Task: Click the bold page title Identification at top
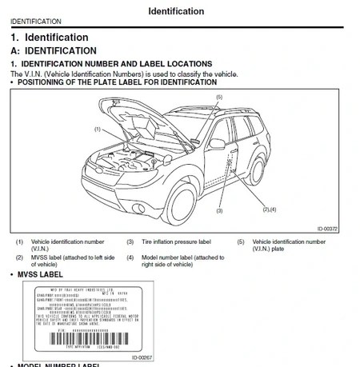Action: pos(175,11)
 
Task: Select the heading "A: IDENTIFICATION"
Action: pos(54,50)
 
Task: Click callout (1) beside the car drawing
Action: pos(97,128)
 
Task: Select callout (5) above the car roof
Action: pos(218,97)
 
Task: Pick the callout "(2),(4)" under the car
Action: pos(269,209)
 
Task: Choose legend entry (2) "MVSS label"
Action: pos(69,261)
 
